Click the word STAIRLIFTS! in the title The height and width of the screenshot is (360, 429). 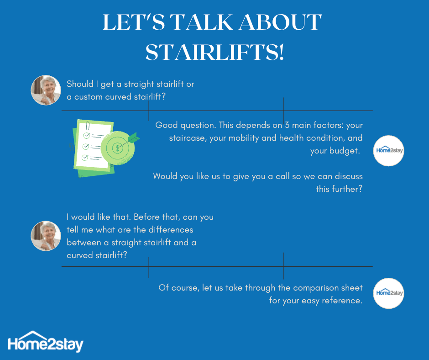coord(215,52)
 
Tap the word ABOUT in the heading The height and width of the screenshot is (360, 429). coord(280,22)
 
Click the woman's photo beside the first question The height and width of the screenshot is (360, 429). coord(46,90)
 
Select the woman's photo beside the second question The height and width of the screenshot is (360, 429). coord(46,236)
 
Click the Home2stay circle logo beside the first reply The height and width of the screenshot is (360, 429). coord(388,151)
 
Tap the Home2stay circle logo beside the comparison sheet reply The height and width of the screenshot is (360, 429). coord(388,293)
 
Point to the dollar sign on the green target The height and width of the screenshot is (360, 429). coord(118,148)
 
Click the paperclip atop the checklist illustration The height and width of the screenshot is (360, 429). coord(88,126)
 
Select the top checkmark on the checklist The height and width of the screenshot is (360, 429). coord(87,135)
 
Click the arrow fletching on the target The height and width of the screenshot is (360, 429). coord(134,138)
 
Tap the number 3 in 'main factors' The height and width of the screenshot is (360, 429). coord(287,125)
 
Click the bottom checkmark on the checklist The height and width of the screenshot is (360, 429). coord(85,158)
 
